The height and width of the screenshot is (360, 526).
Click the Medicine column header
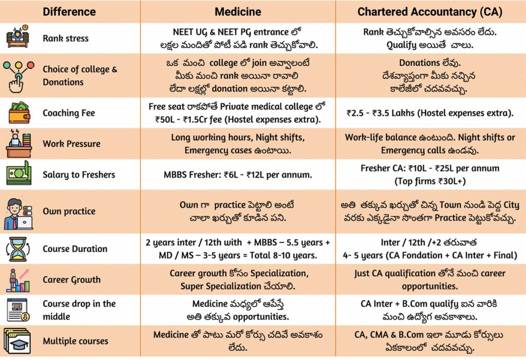click(238, 12)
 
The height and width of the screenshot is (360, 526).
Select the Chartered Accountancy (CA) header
click(430, 12)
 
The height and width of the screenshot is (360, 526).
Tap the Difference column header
click(69, 12)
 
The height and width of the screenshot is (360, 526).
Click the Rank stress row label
click(66, 38)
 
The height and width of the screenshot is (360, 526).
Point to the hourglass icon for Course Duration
click(18, 249)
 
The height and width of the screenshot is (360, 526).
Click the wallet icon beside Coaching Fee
click(19, 113)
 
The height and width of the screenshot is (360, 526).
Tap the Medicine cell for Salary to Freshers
click(238, 175)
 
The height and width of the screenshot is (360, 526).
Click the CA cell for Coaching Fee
click(430, 113)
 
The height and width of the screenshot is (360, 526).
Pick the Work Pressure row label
click(71, 144)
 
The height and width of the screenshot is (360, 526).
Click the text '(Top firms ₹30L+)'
click(430, 181)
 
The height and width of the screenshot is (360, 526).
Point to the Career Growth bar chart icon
click(18, 280)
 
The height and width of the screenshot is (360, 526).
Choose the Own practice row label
click(69, 212)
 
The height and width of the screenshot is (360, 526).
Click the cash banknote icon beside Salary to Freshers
click(19, 173)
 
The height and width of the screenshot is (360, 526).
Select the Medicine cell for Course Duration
click(238, 249)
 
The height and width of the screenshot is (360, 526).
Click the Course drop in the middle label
click(79, 310)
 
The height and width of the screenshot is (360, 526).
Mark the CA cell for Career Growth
click(430, 280)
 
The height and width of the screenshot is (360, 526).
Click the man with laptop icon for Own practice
click(18, 214)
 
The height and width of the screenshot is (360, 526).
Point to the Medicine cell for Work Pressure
click(238, 144)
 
